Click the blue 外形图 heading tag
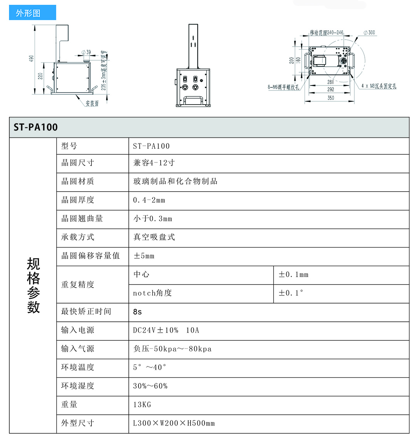click(x=32, y=13)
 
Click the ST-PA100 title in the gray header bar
click(x=36, y=127)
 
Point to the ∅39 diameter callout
click(x=86, y=52)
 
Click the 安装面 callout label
click(x=92, y=104)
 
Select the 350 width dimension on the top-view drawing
click(x=330, y=98)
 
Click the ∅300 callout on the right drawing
click(x=369, y=33)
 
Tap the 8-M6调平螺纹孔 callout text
click(x=283, y=87)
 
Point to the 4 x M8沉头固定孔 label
click(x=378, y=86)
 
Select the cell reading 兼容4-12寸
click(x=154, y=163)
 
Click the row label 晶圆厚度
click(x=78, y=200)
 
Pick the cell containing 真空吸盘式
click(x=154, y=237)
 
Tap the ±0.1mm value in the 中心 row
click(x=293, y=274)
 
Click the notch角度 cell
click(x=152, y=293)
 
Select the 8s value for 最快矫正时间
click(x=138, y=312)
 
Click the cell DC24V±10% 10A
click(x=166, y=330)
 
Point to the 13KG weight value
click(x=142, y=405)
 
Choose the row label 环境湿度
click(x=78, y=386)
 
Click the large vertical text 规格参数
click(x=33, y=285)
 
